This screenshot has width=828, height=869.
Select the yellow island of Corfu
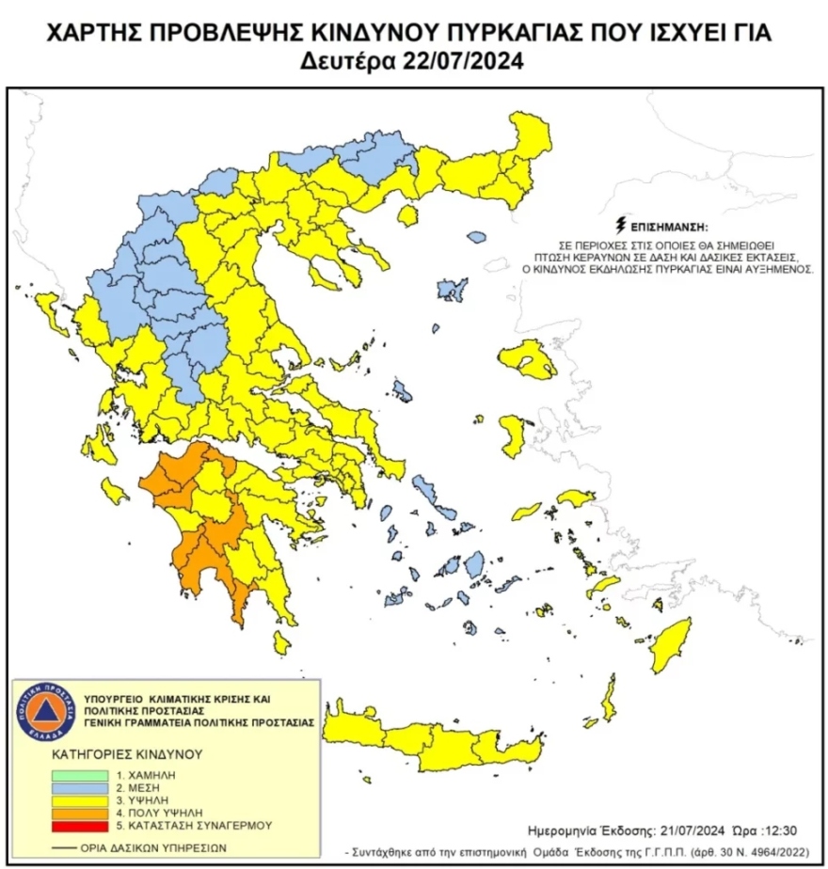tap(45, 307)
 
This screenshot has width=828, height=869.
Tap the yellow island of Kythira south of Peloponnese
tap(280, 641)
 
